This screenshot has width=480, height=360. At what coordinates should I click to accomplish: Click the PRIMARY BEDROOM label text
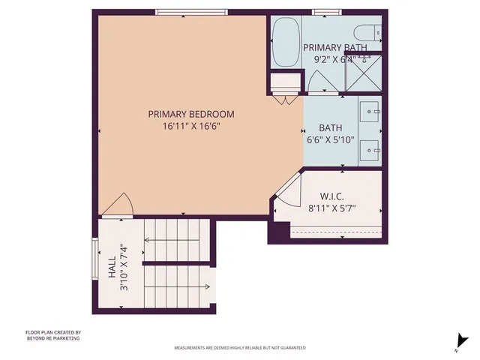(x=190, y=114)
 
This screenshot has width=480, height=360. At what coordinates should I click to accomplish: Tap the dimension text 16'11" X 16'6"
(x=190, y=126)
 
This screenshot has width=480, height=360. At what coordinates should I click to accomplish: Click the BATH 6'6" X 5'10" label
(x=331, y=133)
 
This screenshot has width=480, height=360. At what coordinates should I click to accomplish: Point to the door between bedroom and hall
(x=118, y=204)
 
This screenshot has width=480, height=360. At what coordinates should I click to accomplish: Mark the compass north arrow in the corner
(x=457, y=342)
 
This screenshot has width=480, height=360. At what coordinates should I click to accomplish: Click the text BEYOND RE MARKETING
(x=52, y=338)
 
